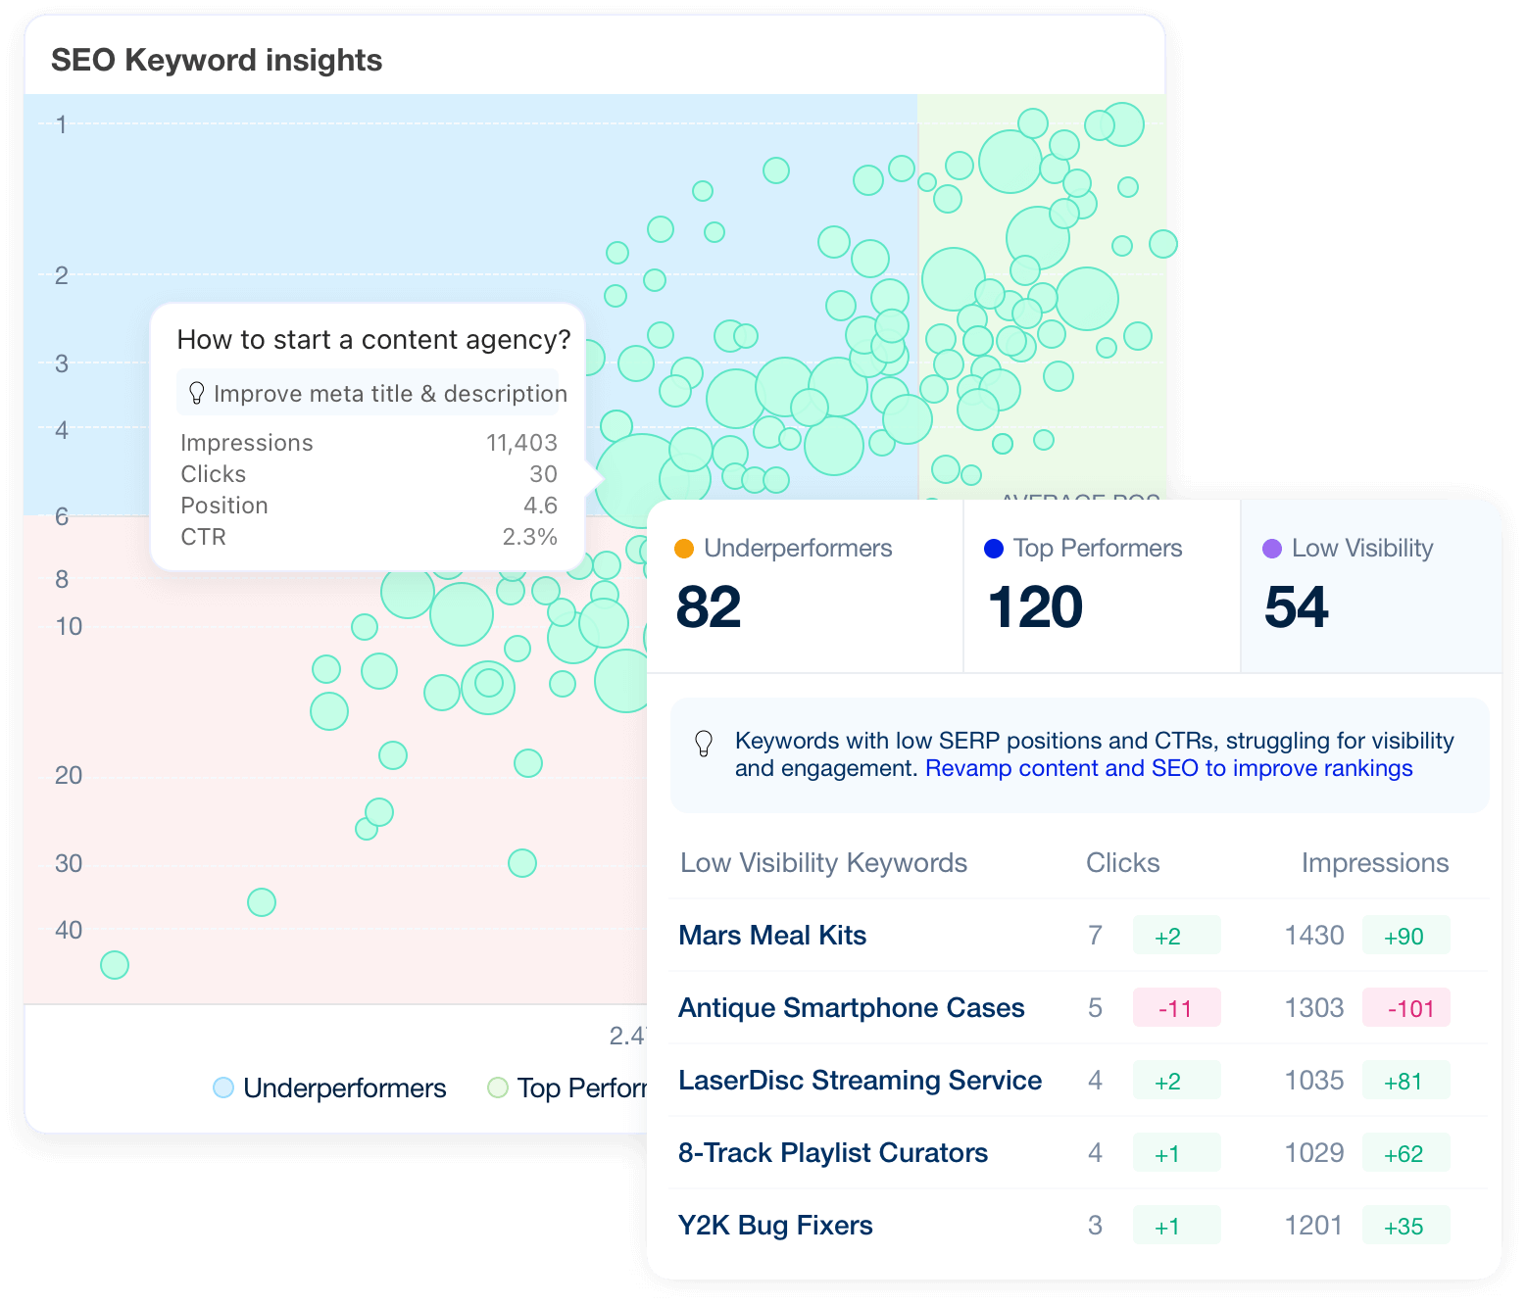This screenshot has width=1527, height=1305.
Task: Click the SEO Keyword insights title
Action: [x=217, y=60]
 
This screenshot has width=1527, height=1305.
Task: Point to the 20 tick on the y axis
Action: [x=69, y=775]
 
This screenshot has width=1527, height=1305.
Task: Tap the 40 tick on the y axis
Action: [x=69, y=930]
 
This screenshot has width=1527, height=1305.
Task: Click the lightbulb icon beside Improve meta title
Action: [x=196, y=393]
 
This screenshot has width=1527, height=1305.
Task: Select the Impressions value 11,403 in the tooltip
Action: [x=521, y=443]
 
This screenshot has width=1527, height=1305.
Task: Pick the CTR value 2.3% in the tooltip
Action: [x=529, y=537]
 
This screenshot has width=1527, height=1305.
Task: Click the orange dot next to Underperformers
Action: [x=684, y=549]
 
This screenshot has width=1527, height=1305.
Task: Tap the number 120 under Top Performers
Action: [x=1035, y=607]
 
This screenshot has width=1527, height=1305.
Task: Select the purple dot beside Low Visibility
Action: [x=1272, y=549]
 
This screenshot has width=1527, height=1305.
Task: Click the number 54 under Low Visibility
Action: [x=1296, y=607]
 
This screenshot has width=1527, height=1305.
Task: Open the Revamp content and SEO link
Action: [x=1168, y=768]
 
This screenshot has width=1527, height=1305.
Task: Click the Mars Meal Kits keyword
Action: [x=772, y=935]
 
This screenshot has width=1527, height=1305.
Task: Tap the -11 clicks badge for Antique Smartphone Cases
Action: [x=1176, y=1008]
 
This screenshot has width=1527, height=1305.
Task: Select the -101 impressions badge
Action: [x=1406, y=1008]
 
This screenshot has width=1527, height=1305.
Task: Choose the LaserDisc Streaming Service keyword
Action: [x=860, y=1080]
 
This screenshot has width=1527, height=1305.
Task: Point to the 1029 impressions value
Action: [x=1313, y=1152]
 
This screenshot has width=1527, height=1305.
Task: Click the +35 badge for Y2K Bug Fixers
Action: [x=1404, y=1226]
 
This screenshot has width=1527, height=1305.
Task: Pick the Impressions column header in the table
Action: [x=1374, y=862]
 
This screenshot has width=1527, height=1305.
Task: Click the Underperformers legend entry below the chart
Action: [x=330, y=1087]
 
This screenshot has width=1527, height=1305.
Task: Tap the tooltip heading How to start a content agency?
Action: [x=373, y=339]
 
